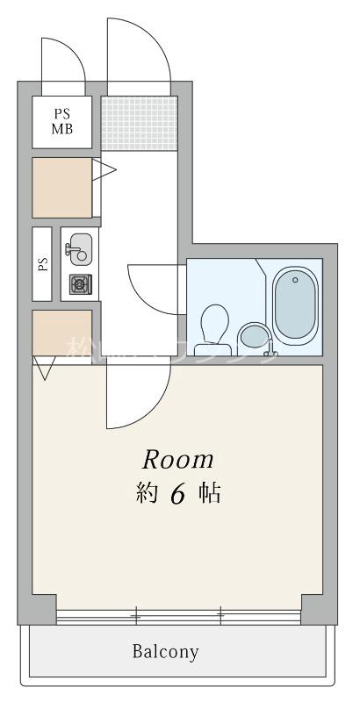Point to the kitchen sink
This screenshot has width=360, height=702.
click(x=79, y=247)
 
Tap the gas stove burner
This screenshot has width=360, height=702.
click(x=80, y=283)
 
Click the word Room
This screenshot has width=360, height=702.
click(x=179, y=459)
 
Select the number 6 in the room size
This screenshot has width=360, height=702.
click(x=176, y=494)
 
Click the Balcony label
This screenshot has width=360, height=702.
click(x=166, y=652)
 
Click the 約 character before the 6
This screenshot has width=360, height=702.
click(x=147, y=494)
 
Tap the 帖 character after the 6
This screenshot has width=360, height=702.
click(x=208, y=494)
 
